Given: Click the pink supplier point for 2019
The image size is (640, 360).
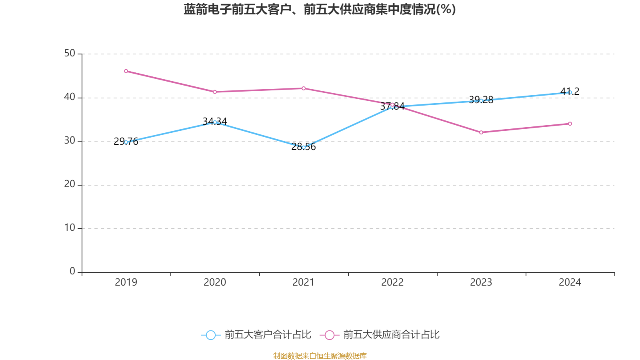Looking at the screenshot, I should pyautogui.click(x=126, y=71).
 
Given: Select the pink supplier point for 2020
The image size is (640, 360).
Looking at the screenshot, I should pyautogui.click(x=215, y=92).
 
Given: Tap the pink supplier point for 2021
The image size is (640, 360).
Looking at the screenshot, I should pyautogui.click(x=304, y=88).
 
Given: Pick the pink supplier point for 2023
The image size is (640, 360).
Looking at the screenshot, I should pyautogui.click(x=481, y=132).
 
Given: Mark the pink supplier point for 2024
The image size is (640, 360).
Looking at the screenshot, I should pyautogui.click(x=570, y=124).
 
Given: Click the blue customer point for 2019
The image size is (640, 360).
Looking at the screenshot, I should pyautogui.click(x=126, y=142).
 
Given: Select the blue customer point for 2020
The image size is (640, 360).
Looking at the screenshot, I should pyautogui.click(x=215, y=122).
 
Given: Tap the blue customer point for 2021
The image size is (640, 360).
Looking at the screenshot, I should pyautogui.click(x=304, y=148).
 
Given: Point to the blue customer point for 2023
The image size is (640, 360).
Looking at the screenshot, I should pyautogui.click(x=481, y=101).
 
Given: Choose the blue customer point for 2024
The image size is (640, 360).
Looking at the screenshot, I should pyautogui.click(x=570, y=92).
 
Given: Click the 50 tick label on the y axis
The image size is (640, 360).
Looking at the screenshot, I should pyautogui.click(x=70, y=54).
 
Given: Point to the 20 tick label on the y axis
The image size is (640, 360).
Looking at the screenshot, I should pyautogui.click(x=70, y=184).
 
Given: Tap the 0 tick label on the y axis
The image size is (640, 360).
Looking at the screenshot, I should pyautogui.click(x=72, y=272).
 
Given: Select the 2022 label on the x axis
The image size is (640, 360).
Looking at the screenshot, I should pyautogui.click(x=392, y=282).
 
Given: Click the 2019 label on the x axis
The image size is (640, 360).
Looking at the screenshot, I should pyautogui.click(x=126, y=282).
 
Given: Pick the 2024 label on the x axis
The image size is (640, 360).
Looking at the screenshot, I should pyautogui.click(x=570, y=282).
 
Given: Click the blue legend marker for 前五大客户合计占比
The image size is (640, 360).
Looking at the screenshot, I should pyautogui.click(x=210, y=335).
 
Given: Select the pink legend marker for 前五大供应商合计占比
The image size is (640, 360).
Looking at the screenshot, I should pyautogui.click(x=329, y=335).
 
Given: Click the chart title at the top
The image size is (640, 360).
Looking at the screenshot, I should pyautogui.click(x=320, y=9).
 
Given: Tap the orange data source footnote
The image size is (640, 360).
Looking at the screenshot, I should pyautogui.click(x=320, y=356).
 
